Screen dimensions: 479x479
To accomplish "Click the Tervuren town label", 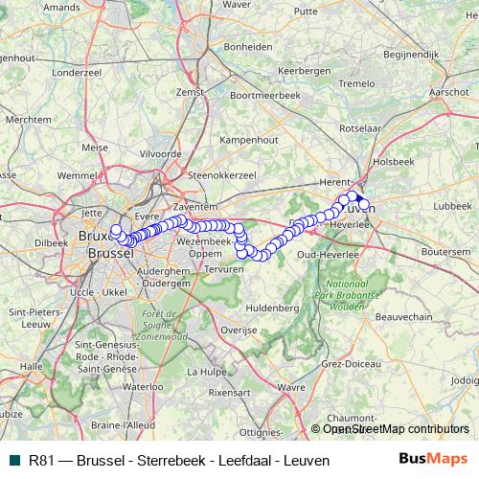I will (x=225, y=271).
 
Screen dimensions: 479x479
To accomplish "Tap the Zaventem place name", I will (x=199, y=207).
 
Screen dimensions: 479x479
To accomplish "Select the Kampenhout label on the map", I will (x=248, y=140).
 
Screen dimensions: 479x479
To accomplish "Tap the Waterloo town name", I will (x=143, y=386).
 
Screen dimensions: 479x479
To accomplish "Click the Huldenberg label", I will (x=273, y=308).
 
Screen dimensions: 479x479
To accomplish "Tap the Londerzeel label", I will (x=76, y=72).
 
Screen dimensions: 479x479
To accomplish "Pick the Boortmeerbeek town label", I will (x=266, y=96).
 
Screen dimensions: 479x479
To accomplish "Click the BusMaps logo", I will (x=433, y=460).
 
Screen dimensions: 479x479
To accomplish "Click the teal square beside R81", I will (x=11, y=461).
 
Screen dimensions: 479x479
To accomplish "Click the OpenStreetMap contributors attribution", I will (x=396, y=429).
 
